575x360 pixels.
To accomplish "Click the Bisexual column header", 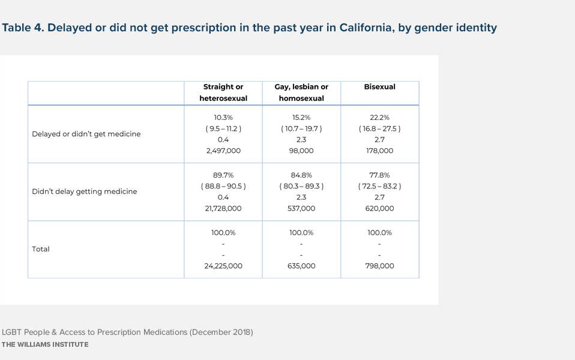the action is (379, 87).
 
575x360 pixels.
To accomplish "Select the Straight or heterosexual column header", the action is (223, 92).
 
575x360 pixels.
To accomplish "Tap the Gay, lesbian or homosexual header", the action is (301, 92).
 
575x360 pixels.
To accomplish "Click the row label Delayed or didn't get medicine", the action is (86, 134).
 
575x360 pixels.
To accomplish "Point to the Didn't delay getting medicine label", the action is (85, 191).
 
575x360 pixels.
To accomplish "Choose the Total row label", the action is (41, 249).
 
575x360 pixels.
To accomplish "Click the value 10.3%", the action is (223, 118).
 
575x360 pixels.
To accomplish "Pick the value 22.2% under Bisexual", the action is (379, 118).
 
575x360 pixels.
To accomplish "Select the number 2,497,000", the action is (223, 151).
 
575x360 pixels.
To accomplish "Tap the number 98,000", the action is (301, 151).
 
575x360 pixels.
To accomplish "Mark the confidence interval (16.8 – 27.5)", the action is (379, 128).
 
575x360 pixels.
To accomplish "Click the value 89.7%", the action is (223, 175).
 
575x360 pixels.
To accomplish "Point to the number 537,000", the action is (301, 208).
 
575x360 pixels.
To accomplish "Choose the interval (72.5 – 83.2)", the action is (379, 186).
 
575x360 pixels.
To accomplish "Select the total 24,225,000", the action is (223, 266).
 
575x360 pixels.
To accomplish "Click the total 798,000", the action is (379, 266).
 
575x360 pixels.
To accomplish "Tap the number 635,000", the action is (301, 266).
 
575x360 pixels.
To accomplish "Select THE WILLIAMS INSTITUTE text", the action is (45, 344).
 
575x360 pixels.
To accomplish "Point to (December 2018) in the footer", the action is (221, 332).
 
